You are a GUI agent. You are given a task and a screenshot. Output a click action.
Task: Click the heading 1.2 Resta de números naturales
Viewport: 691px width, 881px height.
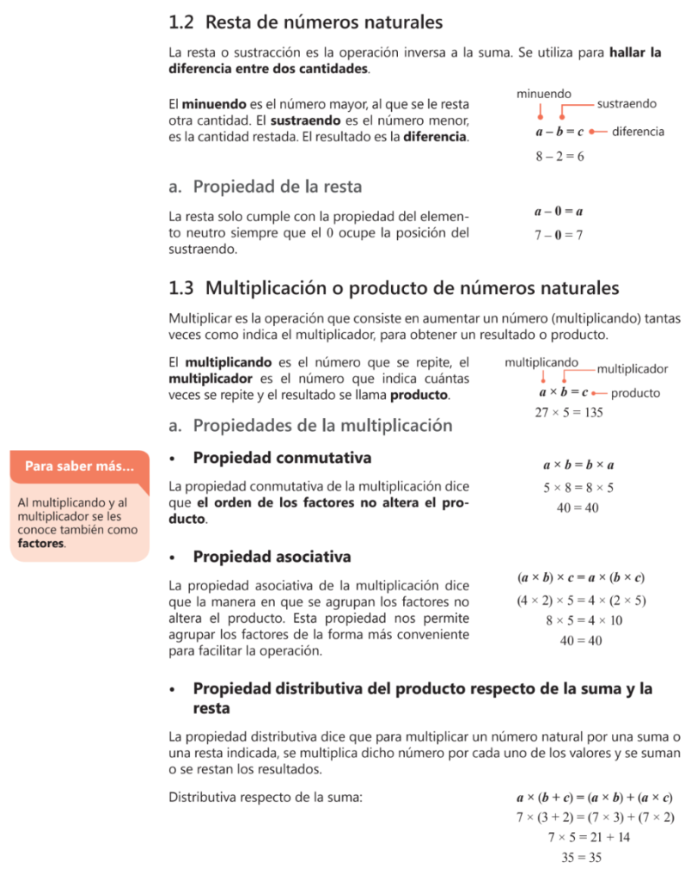tap(306, 22)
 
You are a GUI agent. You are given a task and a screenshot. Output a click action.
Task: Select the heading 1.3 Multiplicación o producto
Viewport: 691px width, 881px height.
tap(394, 287)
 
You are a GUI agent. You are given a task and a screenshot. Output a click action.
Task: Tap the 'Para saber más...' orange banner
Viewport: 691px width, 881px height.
tap(79, 466)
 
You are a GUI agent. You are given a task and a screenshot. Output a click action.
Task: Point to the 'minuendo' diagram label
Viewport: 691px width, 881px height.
tap(544, 93)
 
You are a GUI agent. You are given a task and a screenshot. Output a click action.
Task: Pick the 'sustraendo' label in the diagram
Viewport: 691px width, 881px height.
tap(627, 104)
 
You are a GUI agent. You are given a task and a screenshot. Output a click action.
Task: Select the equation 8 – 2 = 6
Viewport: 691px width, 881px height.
tap(560, 157)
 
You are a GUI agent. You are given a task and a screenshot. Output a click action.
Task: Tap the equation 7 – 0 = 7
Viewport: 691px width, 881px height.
tap(559, 235)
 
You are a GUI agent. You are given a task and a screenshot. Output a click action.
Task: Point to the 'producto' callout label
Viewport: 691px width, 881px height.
tap(636, 393)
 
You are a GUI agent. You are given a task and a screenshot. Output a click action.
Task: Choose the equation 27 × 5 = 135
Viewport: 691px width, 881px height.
tap(569, 413)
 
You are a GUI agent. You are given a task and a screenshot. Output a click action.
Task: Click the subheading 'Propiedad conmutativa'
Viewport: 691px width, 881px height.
tap(282, 458)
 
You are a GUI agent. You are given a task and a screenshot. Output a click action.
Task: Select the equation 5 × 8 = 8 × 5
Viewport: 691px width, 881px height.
tap(578, 488)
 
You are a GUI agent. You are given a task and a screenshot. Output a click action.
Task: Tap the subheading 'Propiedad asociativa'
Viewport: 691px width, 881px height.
tap(272, 557)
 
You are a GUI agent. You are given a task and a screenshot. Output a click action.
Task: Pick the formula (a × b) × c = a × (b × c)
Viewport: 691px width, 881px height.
tap(581, 578)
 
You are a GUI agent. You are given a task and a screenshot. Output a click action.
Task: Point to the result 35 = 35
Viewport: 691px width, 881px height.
tap(581, 857)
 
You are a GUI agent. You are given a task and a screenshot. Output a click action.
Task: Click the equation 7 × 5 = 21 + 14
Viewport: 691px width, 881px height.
tap(589, 836)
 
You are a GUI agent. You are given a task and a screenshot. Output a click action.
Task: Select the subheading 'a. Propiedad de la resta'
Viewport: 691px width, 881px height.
tap(266, 186)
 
